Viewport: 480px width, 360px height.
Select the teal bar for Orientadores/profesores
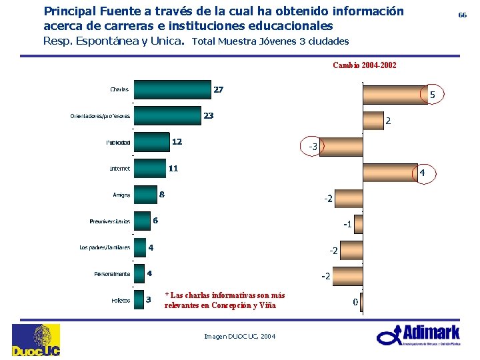[167, 116]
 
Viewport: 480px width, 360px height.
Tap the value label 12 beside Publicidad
[177, 141]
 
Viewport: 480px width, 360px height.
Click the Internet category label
[119, 169]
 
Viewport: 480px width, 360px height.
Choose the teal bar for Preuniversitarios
[141, 221]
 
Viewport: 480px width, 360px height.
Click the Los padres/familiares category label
[105, 247]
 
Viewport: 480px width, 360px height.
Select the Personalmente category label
[111, 273]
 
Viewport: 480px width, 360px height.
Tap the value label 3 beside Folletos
[149, 299]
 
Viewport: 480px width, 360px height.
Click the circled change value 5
[432, 95]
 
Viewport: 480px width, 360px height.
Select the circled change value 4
[423, 173]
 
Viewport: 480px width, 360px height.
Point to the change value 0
[355, 302]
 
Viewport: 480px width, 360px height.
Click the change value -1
[347, 224]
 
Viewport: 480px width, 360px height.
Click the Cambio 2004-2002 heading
[365, 65]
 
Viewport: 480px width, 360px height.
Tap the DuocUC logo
[35, 340]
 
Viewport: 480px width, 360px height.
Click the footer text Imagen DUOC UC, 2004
[239, 337]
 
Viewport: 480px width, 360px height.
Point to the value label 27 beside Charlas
[218, 89]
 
